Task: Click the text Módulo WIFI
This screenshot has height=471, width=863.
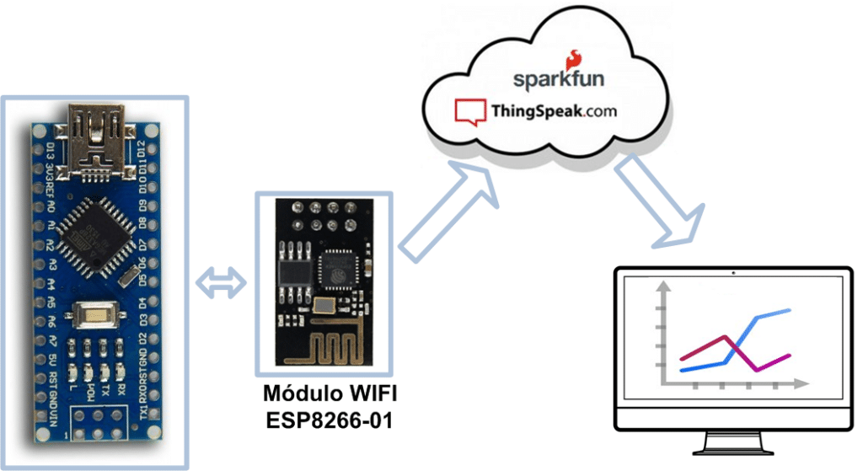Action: pos(329,393)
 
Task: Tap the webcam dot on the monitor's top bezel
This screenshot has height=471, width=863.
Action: pos(733,273)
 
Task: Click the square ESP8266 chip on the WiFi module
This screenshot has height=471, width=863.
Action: pos(339,273)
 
